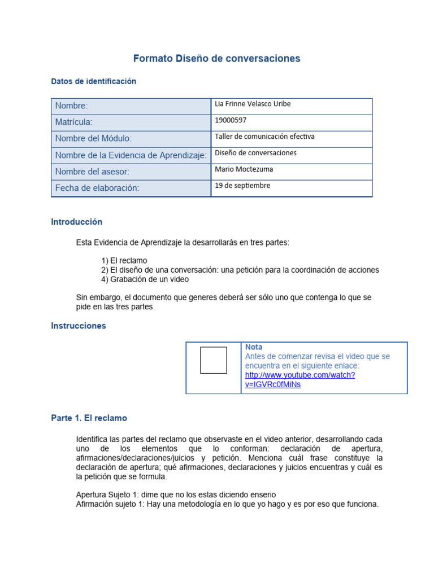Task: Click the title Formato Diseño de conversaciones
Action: pyautogui.click(x=216, y=59)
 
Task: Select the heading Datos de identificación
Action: pyautogui.click(x=93, y=81)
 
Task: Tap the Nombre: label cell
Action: pyautogui.click(x=71, y=106)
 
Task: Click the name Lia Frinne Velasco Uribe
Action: pyautogui.click(x=253, y=104)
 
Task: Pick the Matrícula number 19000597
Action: pyautogui.click(x=231, y=120)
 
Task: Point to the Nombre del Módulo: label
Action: pyautogui.click(x=93, y=138)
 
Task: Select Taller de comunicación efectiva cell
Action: pyautogui.click(x=264, y=137)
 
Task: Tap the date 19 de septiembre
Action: pyautogui.click(x=242, y=186)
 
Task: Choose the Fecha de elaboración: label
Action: pyautogui.click(x=97, y=188)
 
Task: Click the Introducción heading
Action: pyautogui.click(x=76, y=222)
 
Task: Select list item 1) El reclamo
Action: pyautogui.click(x=124, y=261)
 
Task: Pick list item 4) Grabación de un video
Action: pyautogui.click(x=145, y=279)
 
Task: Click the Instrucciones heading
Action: pyautogui.click(x=78, y=326)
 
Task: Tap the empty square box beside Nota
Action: pyautogui.click(x=213, y=360)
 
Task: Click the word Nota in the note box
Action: pyautogui.click(x=254, y=347)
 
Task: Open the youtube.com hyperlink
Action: pyautogui.click(x=300, y=375)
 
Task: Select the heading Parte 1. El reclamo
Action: pyautogui.click(x=89, y=418)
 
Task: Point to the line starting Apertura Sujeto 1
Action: pyautogui.click(x=176, y=494)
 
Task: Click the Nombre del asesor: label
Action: pyautogui.click(x=92, y=172)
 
